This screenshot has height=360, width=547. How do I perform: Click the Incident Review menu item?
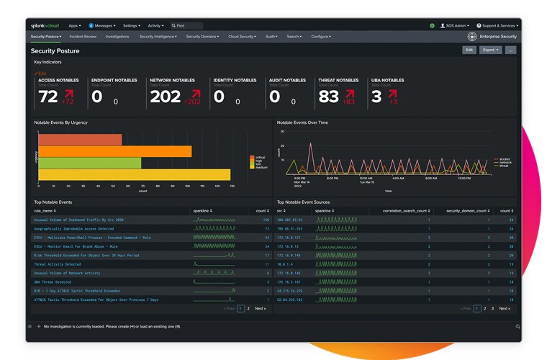[83, 36]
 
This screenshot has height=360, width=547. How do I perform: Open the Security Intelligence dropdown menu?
[158, 36]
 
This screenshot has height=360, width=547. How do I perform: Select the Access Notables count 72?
[48, 96]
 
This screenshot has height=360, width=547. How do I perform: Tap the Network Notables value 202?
[165, 96]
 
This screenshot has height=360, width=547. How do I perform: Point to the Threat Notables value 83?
[328, 96]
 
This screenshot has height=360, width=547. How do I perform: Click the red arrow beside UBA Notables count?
[393, 94]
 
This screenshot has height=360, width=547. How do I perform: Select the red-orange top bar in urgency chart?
[79, 140]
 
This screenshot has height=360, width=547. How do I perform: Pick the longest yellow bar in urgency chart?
[134, 174]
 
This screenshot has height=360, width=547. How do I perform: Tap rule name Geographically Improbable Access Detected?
[73, 228]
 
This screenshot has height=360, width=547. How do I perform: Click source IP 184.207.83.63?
[290, 220]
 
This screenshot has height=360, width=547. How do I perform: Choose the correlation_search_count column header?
[399, 210]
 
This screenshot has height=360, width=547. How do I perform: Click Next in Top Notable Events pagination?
[260, 308]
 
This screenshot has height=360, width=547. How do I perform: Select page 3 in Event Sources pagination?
[492, 308]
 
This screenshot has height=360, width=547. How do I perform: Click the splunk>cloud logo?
[45, 25]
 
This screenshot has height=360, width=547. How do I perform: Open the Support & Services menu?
[499, 25]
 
